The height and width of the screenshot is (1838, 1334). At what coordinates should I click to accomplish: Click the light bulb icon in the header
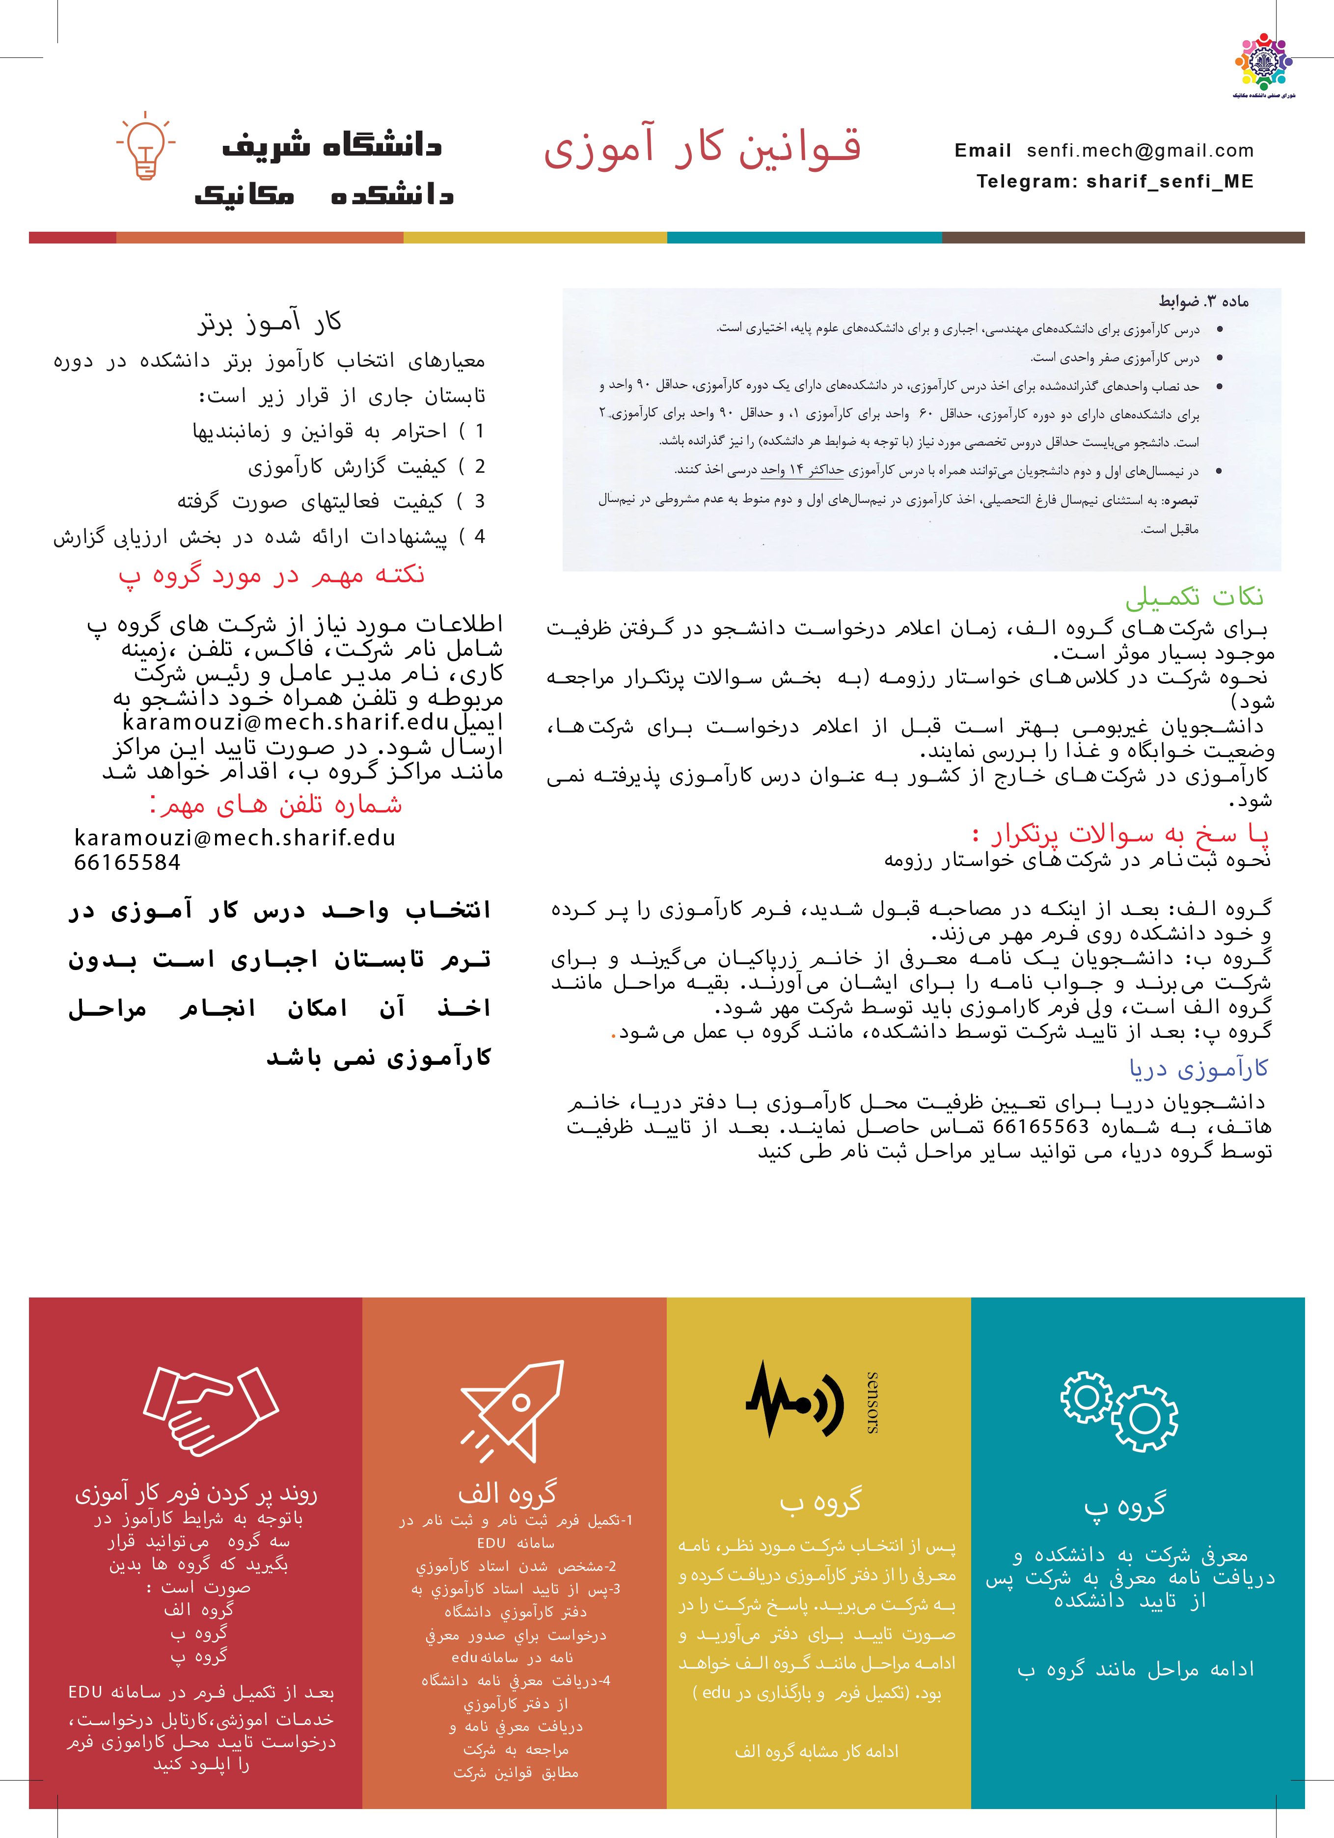click(146, 146)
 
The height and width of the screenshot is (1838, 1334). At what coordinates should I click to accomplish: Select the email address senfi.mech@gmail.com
click(1140, 151)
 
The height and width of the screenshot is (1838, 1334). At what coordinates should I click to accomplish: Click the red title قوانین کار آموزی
click(702, 147)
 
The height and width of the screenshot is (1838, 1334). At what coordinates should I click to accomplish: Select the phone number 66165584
click(127, 862)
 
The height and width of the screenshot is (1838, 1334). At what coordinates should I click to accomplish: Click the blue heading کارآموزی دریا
click(1198, 1069)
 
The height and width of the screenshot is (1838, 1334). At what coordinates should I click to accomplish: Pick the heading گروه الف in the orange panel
click(507, 1492)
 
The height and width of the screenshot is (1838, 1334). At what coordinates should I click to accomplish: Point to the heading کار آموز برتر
click(270, 323)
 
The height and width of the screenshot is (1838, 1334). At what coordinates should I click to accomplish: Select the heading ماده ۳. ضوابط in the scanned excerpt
click(1203, 301)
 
